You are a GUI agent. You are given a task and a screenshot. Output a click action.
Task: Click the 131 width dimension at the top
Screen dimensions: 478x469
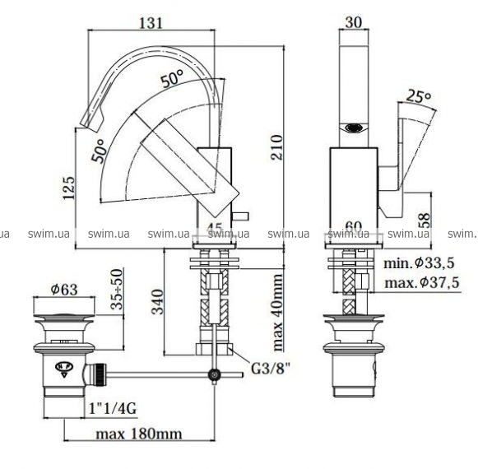coord(151,23)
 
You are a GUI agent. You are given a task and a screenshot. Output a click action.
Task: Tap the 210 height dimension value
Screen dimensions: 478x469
coord(276,147)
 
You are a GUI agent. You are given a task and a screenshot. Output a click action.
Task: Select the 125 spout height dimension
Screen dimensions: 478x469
coord(68,188)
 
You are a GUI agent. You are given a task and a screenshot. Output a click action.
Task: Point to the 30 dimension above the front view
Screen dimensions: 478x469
coord(353,22)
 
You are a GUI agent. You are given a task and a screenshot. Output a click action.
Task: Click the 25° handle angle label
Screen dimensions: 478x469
coord(419,96)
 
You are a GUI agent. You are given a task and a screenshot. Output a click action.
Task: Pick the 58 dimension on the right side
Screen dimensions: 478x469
coord(424,221)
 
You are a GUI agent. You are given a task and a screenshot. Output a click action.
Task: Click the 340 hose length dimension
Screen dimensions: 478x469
coord(158,302)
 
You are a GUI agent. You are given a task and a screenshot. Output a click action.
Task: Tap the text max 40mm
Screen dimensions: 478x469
coord(277,313)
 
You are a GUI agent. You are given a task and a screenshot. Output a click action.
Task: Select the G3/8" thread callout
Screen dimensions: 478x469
coord(270,368)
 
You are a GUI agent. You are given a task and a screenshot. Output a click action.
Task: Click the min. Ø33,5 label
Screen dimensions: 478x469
coord(419,262)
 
